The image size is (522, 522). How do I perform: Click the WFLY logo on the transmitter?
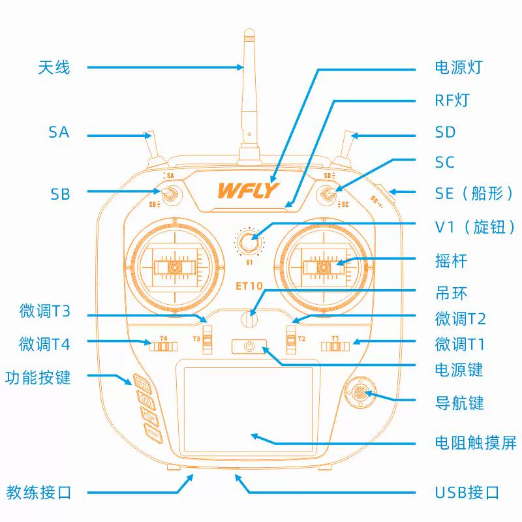(249, 190)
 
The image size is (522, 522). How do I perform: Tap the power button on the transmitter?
(248, 346)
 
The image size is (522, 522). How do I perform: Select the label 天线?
(54, 67)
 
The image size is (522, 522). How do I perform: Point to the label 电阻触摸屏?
(475, 443)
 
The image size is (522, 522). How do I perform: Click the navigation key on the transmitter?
(359, 393)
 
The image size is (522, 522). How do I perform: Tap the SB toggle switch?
(170, 193)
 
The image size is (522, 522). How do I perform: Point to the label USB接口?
(467, 493)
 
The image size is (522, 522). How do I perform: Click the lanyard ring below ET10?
(249, 319)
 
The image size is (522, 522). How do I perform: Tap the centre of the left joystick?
(174, 267)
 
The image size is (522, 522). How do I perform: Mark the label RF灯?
(452, 100)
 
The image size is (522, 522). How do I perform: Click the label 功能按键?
(38, 377)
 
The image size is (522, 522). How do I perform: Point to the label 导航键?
(459, 403)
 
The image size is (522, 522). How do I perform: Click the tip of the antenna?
(249, 31)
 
